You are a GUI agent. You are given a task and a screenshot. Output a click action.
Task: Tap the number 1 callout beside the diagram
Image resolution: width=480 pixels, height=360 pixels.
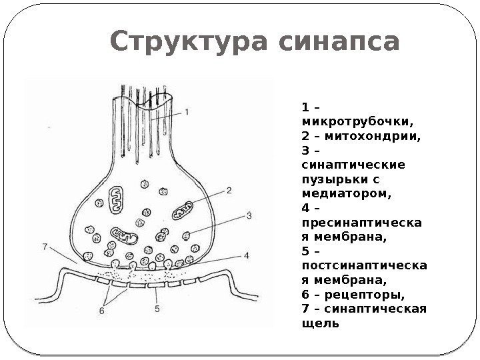coord(188,113)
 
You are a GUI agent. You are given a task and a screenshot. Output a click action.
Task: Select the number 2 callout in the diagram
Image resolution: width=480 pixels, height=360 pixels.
coord(228,190)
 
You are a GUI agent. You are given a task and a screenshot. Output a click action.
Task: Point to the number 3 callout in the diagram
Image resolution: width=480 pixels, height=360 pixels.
coord(248,215)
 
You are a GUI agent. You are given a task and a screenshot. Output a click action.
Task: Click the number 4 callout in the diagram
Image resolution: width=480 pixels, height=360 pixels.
coord(246,255)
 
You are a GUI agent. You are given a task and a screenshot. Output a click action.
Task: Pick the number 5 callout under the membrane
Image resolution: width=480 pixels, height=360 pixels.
coord(157,309)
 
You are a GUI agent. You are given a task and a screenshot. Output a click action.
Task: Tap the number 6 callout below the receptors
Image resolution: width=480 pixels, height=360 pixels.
coord(103,310)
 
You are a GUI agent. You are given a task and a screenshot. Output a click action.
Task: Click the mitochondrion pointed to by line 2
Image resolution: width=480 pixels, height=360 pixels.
coord(182,211)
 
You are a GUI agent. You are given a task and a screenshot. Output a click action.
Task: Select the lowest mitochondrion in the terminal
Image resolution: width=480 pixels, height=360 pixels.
coord(124,235)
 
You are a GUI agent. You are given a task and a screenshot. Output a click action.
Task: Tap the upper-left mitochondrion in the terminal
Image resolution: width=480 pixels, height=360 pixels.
coord(114,198)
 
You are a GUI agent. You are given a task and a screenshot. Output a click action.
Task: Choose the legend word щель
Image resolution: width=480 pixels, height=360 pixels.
coord(320,323)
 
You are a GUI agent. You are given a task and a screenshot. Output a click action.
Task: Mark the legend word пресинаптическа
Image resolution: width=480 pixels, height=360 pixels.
coord(361,223)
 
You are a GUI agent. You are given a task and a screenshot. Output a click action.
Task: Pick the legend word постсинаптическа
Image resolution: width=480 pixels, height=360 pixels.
coord(365,266)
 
